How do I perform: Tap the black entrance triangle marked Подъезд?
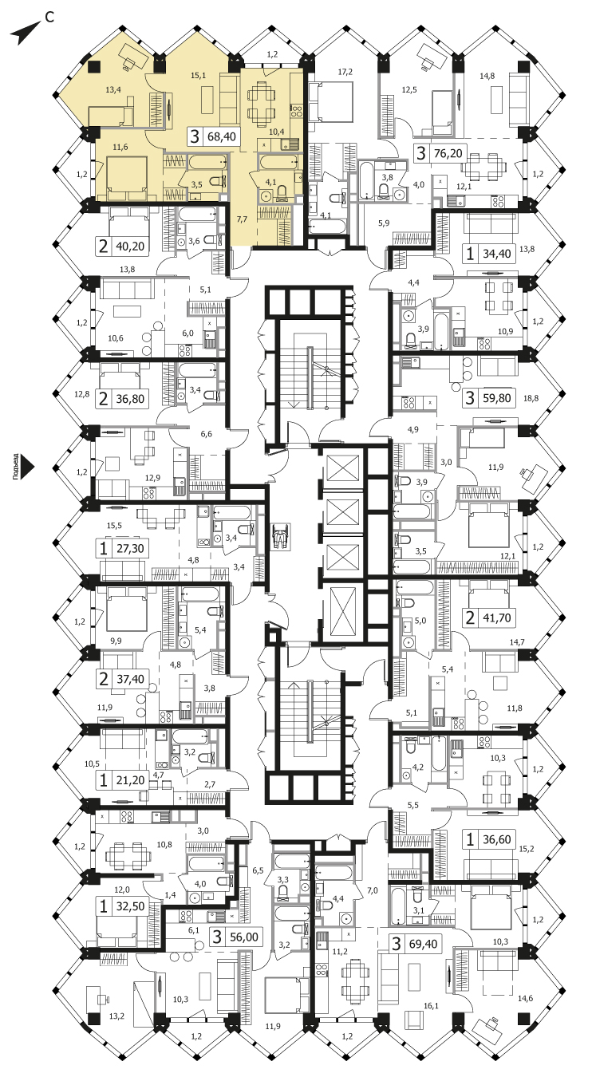coord(29,468)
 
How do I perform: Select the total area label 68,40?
coord(221,136)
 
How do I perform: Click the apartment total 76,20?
coord(448,153)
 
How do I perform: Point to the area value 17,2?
coord(345,72)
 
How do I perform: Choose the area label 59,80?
coord(496,397)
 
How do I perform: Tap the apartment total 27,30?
coord(129,549)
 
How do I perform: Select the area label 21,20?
coord(129,780)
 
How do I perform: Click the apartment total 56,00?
coord(243,937)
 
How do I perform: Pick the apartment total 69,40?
coord(423,944)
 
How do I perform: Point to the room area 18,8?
coord(531,398)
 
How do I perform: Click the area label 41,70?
coord(496,617)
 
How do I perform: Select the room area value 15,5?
coord(114,526)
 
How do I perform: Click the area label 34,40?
coord(496,253)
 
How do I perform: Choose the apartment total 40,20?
coord(130,246)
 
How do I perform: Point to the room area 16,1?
coord(431,1006)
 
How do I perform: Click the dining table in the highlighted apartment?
coord(262,101)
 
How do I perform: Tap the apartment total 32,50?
coord(130,906)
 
